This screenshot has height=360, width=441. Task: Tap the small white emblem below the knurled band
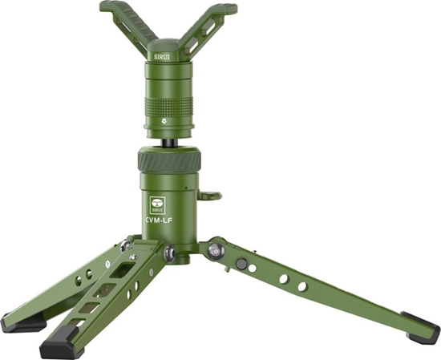165,123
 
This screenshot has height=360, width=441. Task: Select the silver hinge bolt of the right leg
215,250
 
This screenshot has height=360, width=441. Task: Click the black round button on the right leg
241,264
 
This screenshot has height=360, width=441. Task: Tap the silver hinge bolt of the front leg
171,253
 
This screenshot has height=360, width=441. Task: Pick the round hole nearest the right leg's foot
302,286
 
